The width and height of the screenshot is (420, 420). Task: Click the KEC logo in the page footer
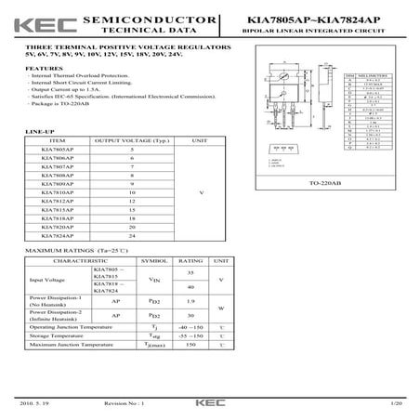pyautogui.click(x=209, y=404)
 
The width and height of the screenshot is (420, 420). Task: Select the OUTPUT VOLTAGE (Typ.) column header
pyautogui.click(x=132, y=139)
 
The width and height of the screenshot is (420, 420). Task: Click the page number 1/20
pyautogui.click(x=396, y=404)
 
